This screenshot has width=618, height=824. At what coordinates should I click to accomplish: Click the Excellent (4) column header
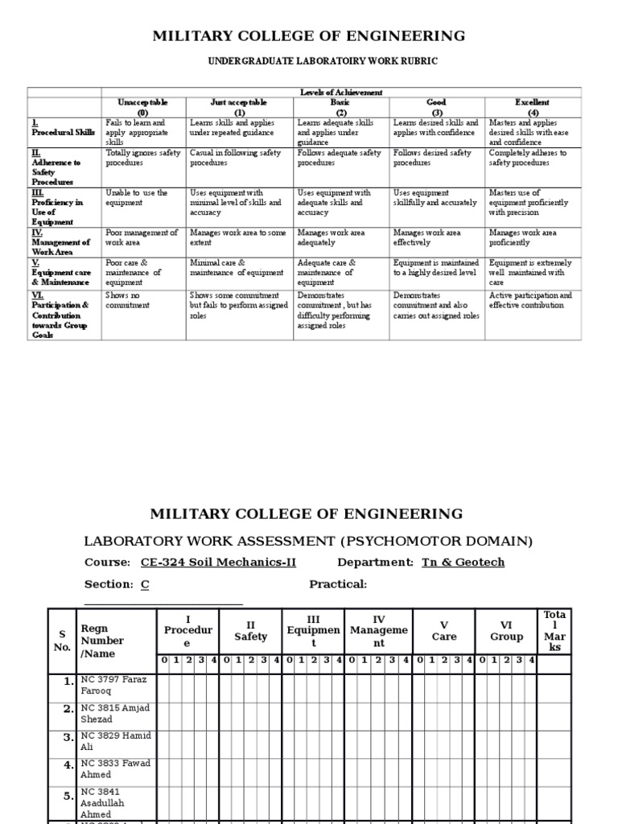532,108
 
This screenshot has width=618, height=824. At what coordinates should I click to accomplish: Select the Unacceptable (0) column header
142,108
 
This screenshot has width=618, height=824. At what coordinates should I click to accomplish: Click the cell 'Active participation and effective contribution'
530,301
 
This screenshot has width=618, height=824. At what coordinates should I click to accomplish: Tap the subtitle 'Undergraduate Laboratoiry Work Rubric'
312,62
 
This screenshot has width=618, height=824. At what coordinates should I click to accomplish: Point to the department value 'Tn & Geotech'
463,562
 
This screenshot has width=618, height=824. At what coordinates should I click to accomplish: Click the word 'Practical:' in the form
338,584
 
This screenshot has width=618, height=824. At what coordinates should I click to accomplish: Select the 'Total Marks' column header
554,631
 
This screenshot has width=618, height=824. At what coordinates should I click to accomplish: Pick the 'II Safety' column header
250,631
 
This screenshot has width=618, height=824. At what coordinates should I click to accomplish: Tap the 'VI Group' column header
506,631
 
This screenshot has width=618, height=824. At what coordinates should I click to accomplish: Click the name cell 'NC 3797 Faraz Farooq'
115,685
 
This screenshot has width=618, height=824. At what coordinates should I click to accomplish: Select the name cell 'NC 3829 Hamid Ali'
115,741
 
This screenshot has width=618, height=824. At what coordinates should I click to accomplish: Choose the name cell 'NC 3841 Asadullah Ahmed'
115,802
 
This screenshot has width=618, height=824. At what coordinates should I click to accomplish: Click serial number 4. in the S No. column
68,769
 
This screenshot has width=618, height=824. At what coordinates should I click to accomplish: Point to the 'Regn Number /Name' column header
102,641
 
